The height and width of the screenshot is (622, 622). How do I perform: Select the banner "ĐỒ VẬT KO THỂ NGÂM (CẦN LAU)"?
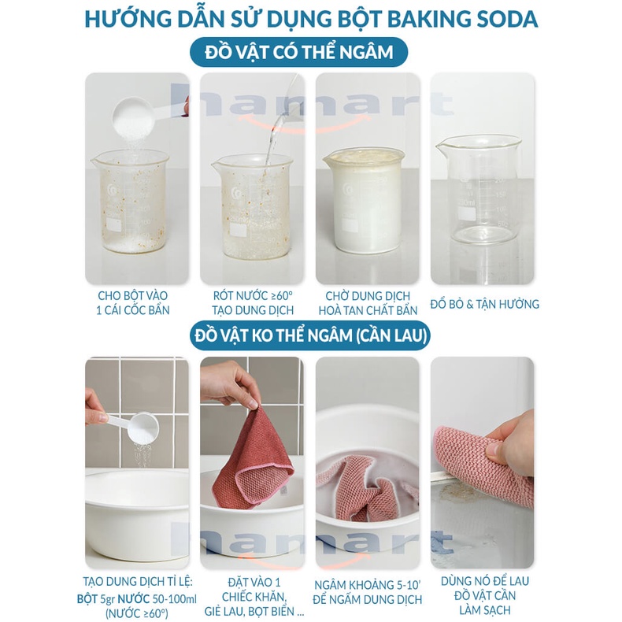pos(310,336)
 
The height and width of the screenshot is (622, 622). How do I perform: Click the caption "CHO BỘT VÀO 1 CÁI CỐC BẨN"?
pos(134,302)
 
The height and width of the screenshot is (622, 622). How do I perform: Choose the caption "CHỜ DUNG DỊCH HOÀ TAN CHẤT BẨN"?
pos(368,302)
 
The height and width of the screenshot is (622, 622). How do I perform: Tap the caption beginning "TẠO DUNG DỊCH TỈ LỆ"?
pos(135,596)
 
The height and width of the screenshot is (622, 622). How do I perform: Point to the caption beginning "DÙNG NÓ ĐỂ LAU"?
pos(483,595)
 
